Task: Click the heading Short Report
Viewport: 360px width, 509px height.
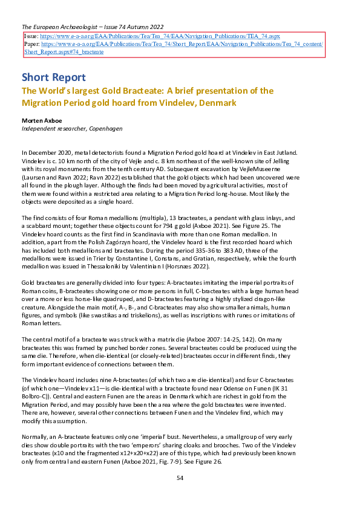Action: point(53,77)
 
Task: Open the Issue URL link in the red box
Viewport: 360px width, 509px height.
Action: point(160,37)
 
